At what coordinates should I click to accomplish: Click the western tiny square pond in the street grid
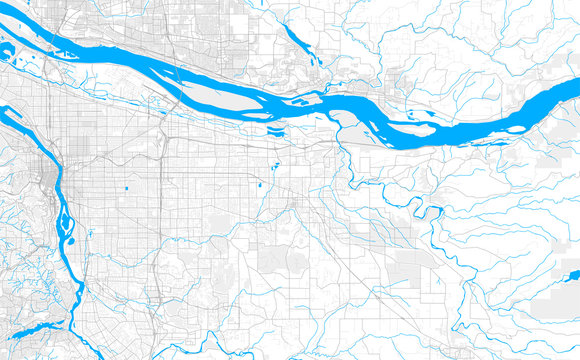click(x=129, y=187)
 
